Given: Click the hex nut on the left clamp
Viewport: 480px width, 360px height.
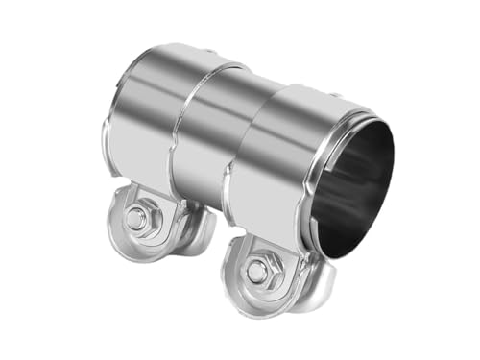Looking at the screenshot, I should click(x=137, y=219).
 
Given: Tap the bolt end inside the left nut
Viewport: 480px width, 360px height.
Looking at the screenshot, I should click(x=137, y=219).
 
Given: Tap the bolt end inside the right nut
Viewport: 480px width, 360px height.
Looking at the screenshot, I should click(x=257, y=271).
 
